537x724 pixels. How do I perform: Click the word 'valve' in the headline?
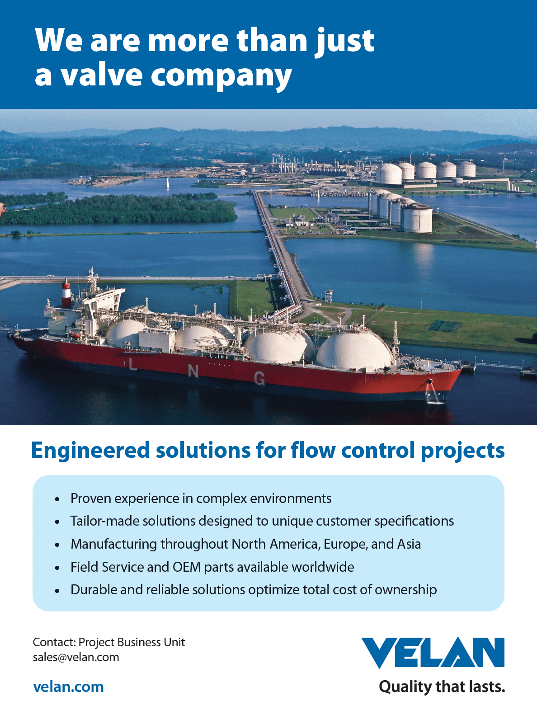pyautogui.click(x=102, y=75)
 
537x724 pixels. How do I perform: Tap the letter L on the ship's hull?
pyautogui.click(x=132, y=366)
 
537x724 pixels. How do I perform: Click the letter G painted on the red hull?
pyautogui.click(x=259, y=378)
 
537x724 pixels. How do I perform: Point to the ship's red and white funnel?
pyautogui.click(x=66, y=293)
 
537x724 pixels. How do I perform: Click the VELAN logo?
pyautogui.click(x=433, y=653)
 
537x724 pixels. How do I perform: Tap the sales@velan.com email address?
pyautogui.click(x=76, y=657)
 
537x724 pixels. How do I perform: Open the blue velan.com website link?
pyautogui.click(x=69, y=686)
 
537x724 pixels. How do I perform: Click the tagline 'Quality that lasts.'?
pyautogui.click(x=442, y=687)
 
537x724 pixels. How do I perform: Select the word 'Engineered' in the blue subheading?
pyautogui.click(x=90, y=451)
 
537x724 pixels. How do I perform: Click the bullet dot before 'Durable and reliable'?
pyautogui.click(x=57, y=591)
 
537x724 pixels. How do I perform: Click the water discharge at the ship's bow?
pyautogui.click(x=434, y=394)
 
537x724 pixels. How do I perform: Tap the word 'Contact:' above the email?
pyautogui.click(x=55, y=642)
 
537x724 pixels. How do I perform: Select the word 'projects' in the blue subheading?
pyautogui.click(x=462, y=451)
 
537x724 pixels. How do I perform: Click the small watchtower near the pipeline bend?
pyautogui.click(x=329, y=296)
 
